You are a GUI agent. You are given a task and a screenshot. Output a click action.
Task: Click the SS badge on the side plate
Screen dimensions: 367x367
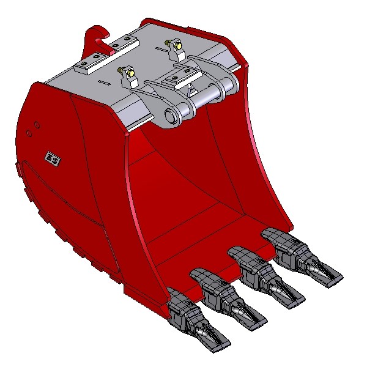tap(53, 159)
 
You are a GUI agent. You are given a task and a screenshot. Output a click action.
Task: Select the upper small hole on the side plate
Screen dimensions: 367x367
tap(37, 125)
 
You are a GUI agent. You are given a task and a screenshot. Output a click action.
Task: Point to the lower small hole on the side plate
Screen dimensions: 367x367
tap(29, 133)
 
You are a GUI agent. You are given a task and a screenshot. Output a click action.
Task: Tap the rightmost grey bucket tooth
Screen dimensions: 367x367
tap(302, 257)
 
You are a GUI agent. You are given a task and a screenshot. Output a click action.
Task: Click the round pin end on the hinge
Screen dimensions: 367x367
tap(171, 115)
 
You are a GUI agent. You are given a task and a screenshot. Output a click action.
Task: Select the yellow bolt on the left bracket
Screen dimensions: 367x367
tap(130, 74)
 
